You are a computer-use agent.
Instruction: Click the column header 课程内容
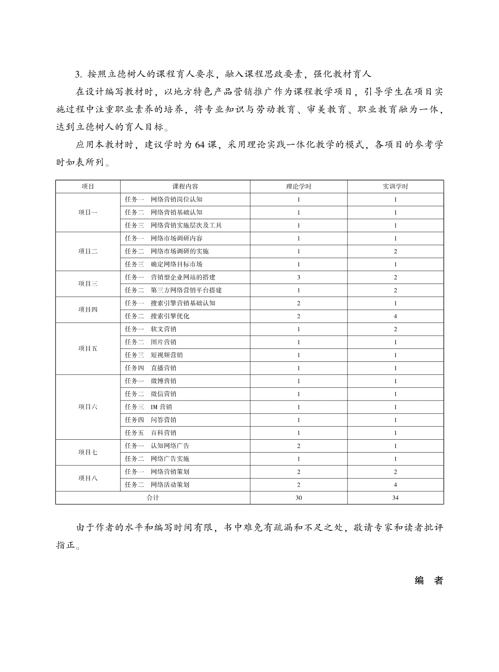[185, 187]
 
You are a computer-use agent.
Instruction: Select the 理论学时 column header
[298, 187]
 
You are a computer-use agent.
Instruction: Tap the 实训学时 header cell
[395, 187]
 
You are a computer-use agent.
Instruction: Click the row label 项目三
[88, 284]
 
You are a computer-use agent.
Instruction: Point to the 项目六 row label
[88, 407]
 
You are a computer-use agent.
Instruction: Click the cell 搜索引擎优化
[170, 316]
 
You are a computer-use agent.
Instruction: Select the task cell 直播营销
[163, 368]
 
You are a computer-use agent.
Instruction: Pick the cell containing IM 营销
[161, 407]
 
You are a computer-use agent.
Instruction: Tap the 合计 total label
[153, 498]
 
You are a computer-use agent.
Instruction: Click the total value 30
[299, 498]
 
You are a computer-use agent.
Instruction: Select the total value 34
[395, 498]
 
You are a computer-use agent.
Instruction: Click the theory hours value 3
[299, 277]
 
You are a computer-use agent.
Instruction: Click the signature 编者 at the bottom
[429, 581]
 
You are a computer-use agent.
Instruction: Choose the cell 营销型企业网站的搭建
[183, 277]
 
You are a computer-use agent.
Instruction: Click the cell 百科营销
[163, 433]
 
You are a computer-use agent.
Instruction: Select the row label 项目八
[88, 478]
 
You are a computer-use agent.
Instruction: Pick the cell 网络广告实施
[170, 459]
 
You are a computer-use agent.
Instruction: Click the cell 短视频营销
[167, 355]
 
